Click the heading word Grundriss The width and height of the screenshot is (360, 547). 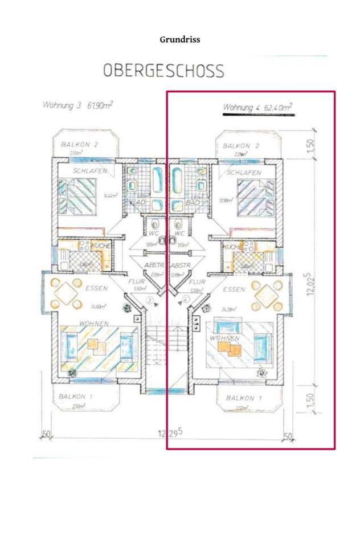pyautogui.click(x=179, y=40)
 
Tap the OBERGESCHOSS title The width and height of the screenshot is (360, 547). pyautogui.click(x=163, y=71)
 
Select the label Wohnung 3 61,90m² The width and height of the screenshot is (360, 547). pyautogui.click(x=77, y=105)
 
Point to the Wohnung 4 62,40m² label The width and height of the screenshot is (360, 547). pyautogui.click(x=257, y=107)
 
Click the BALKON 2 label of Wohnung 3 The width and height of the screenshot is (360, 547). pyautogui.click(x=80, y=145)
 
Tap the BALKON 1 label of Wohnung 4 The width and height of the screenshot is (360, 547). pyautogui.click(x=243, y=397)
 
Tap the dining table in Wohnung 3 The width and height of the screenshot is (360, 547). pyautogui.click(x=68, y=294)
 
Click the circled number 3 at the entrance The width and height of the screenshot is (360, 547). pyautogui.click(x=150, y=300)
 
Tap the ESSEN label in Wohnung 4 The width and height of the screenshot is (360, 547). pyautogui.click(x=234, y=289)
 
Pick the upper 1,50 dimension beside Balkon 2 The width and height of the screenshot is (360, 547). pyautogui.click(x=310, y=146)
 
